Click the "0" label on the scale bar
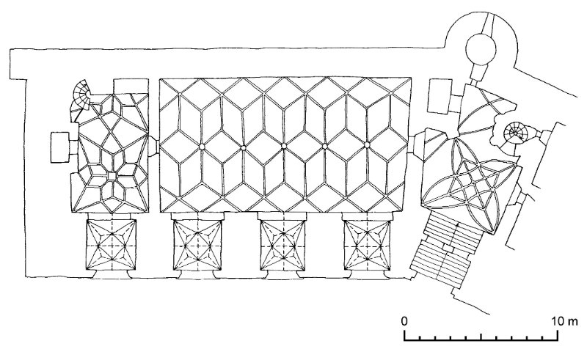(x=404, y=321)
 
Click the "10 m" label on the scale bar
(x=565, y=321)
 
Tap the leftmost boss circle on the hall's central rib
(x=203, y=147)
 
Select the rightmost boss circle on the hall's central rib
(x=367, y=145)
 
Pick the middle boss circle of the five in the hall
(x=284, y=146)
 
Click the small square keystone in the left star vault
(x=112, y=175)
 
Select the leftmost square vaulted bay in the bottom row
(x=112, y=245)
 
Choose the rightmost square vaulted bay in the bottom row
(x=368, y=245)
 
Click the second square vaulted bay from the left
(x=197, y=245)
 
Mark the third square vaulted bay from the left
(x=283, y=245)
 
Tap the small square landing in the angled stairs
(x=448, y=248)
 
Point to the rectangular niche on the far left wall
(x=60, y=147)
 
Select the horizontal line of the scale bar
(x=481, y=340)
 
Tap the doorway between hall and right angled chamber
(x=415, y=145)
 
